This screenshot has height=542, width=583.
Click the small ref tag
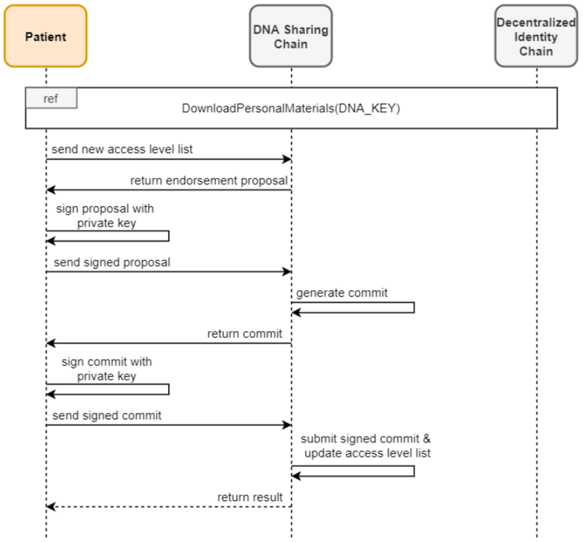51,99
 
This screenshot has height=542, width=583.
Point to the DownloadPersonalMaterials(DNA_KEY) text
291,108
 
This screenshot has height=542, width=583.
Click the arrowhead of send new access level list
287,159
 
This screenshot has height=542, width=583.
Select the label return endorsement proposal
209,181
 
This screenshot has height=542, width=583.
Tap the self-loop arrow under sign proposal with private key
168,236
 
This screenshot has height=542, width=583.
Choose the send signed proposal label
112,262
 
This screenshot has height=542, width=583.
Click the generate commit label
342,293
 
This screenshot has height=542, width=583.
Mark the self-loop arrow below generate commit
414,307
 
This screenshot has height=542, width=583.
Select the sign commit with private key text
107,369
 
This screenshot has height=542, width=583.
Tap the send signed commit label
107,415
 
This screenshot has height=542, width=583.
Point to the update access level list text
367,453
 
